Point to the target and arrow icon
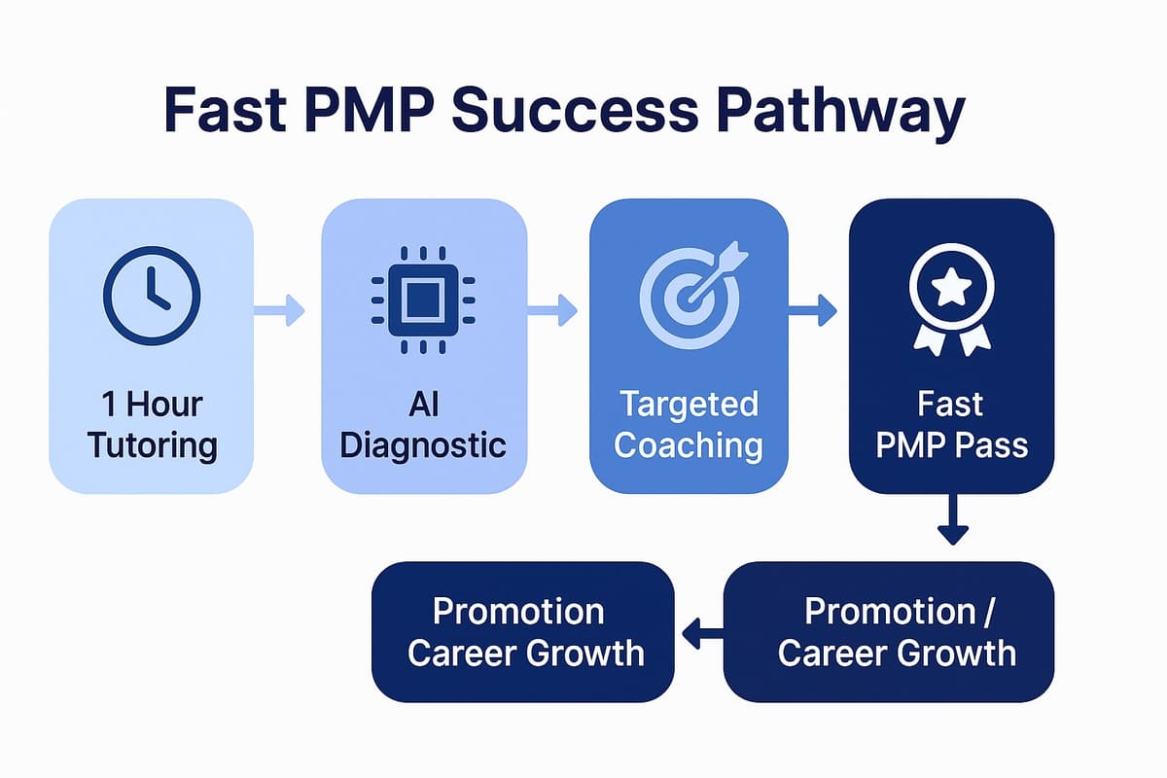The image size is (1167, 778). pos(688,291)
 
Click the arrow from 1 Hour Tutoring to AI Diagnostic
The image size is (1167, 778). pos(281,312)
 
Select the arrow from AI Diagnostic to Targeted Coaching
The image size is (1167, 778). pos(553,312)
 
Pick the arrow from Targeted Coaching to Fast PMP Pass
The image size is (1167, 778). pos(813,312)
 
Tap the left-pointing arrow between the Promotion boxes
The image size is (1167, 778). pos(702,634)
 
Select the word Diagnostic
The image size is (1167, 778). pos(424,445)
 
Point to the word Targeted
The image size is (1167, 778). pos(689,404)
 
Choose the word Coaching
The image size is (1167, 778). pos(689,445)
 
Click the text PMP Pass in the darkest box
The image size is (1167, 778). pos(951,445)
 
